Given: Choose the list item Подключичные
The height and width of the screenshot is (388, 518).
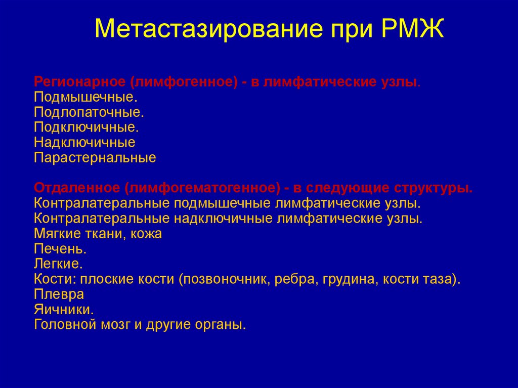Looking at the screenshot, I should [86, 126].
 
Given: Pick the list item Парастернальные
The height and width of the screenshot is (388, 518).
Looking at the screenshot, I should [95, 157].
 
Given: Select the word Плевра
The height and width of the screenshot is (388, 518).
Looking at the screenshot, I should [59, 294].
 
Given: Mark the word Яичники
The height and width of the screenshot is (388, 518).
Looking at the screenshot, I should [63, 309].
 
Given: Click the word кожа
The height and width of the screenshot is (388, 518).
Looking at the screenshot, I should [147, 234].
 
